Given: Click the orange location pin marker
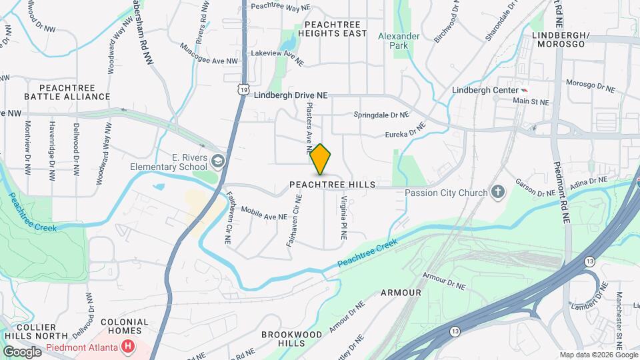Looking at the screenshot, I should click(x=321, y=159).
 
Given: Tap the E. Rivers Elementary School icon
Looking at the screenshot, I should click(x=218, y=161).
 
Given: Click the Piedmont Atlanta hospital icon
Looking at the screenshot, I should click(x=127, y=347).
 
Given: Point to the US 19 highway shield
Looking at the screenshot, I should click(x=245, y=88).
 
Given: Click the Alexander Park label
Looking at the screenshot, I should click(x=399, y=41).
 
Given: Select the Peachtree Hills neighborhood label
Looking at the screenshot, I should click(x=333, y=184).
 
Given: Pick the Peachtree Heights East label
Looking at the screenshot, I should click(x=332, y=28).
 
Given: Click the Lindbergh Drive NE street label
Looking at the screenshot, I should click(x=291, y=96).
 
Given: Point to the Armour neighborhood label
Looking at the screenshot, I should click(x=401, y=293).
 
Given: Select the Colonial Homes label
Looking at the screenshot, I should click(x=124, y=326).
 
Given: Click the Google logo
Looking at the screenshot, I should click(x=22, y=351).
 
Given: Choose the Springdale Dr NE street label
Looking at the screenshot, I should click(x=381, y=115).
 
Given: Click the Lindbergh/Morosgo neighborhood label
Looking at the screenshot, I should click(x=559, y=39).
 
